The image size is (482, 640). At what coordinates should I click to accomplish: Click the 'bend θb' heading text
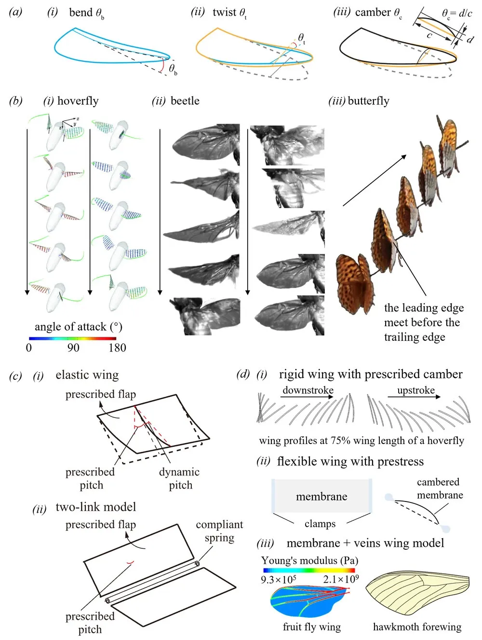[x=86, y=13]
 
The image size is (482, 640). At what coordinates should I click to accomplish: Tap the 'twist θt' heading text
[x=229, y=13]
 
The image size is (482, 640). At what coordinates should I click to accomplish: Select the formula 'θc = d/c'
[x=456, y=14]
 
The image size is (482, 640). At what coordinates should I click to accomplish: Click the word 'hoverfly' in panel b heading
[x=78, y=101]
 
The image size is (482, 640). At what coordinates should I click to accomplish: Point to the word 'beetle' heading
[x=185, y=101]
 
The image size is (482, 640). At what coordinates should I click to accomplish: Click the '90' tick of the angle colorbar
[x=73, y=348]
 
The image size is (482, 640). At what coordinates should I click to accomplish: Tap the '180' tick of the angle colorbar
[x=117, y=348]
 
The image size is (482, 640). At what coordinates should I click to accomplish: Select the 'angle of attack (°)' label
[x=78, y=327]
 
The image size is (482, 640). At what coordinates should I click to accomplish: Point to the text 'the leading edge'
[x=424, y=308]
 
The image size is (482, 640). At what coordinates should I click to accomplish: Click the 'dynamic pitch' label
[x=179, y=478]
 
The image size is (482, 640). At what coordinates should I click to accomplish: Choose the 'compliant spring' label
[x=219, y=531]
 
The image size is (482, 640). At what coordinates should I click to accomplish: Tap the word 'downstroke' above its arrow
[x=308, y=390]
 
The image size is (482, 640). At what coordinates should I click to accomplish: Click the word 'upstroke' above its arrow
[x=416, y=390]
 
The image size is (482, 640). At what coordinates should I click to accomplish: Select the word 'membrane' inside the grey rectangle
[x=321, y=497]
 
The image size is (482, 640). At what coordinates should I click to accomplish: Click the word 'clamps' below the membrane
[x=320, y=524]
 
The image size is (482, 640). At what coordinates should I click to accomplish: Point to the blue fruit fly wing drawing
[x=309, y=601]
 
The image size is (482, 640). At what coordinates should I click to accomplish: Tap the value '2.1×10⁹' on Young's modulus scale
[x=341, y=579]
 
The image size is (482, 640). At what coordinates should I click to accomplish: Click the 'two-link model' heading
[x=96, y=507]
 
